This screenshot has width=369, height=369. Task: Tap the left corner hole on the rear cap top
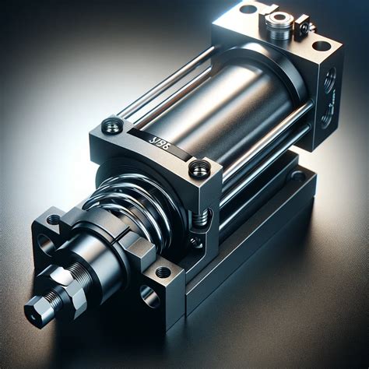click(248, 9)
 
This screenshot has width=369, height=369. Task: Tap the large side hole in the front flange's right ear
click(149, 296)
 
